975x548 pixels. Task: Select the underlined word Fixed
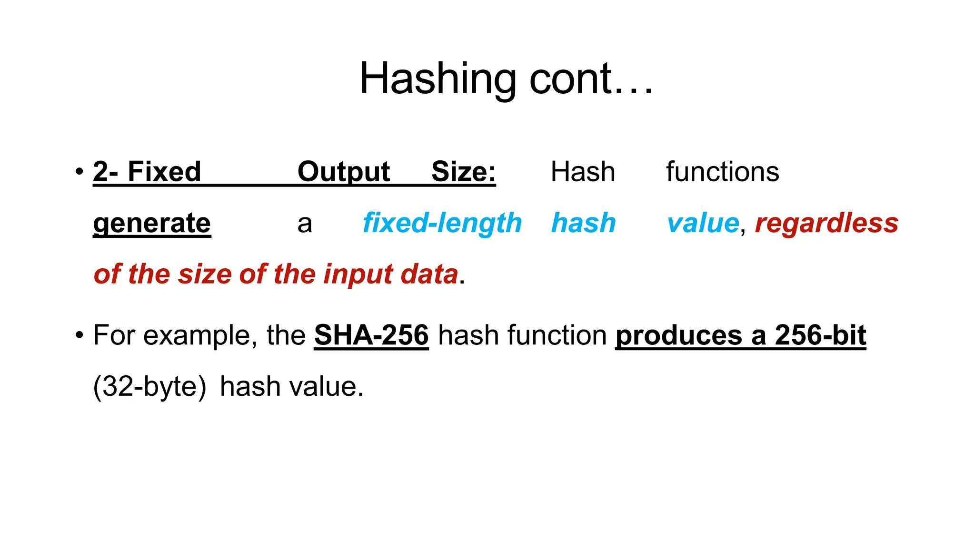pos(164,172)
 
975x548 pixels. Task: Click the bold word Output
pos(343,172)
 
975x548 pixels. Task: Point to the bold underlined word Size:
pos(463,172)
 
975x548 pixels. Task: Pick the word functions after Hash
pos(722,172)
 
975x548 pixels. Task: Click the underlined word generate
pos(152,223)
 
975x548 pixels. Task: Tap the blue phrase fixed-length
pos(442,223)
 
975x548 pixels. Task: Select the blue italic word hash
pos(583,223)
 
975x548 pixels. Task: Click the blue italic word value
pos(703,223)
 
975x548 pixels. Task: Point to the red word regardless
pos(826,223)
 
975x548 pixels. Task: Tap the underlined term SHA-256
pos(371,335)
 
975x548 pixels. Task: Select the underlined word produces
pos(678,335)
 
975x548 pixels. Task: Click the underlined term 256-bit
pos(820,335)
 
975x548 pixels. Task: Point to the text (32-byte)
pos(149,386)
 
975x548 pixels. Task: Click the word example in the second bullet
pos(197,335)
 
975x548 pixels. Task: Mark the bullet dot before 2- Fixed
pos(79,172)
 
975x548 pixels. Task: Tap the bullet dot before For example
pos(79,335)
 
